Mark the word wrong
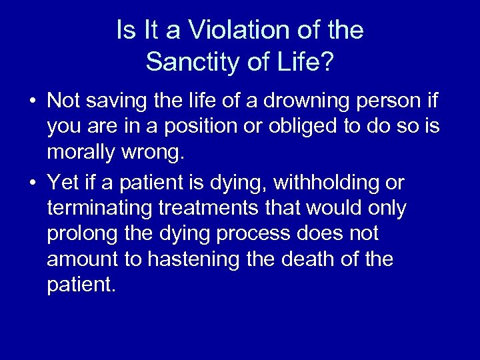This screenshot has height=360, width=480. click(155, 153)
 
